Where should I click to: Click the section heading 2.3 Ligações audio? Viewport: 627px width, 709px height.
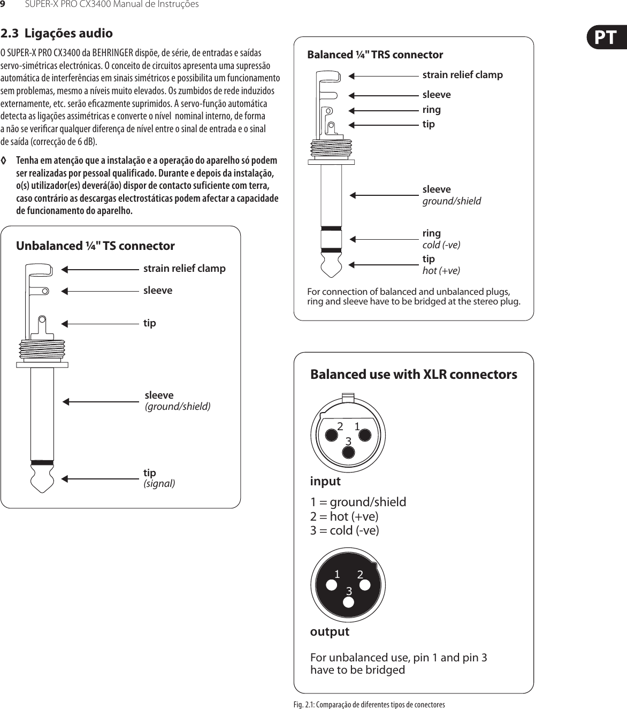coord(57,33)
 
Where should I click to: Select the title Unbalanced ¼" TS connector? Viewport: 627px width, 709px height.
coord(95,246)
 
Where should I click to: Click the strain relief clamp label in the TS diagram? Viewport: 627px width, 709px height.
coord(185,268)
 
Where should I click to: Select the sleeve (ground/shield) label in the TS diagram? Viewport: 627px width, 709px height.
coord(177,400)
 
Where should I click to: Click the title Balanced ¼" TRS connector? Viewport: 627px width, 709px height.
coord(375,55)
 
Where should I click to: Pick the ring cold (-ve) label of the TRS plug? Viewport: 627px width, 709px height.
coord(441,239)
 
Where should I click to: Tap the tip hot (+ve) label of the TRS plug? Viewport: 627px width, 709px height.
coord(441,264)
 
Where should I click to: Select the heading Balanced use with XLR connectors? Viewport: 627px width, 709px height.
coord(414,374)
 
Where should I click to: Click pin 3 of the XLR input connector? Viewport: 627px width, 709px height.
coord(348,452)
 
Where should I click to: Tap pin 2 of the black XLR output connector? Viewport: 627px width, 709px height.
coord(365,584)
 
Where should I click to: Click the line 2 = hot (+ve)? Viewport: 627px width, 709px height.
coord(344,516)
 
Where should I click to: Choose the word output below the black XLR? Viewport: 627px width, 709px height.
coord(330,631)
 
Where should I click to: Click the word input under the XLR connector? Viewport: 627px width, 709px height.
coord(325,481)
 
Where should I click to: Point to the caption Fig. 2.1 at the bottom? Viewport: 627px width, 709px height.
coord(369,704)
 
